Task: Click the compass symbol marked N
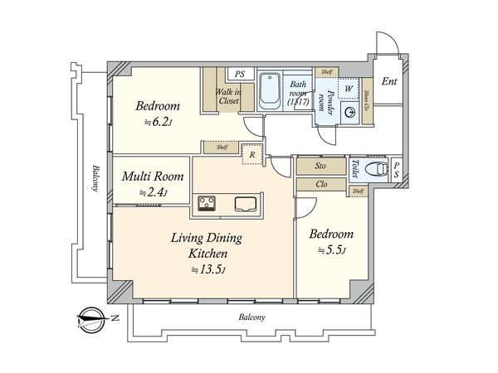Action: [92, 320]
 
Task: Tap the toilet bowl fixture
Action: [377, 169]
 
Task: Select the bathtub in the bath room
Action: [269, 90]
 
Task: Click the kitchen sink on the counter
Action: [246, 204]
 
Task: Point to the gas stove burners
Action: [207, 203]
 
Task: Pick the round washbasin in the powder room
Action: [349, 112]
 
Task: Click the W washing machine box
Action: [349, 88]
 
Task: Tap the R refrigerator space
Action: [252, 154]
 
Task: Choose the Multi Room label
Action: [153, 177]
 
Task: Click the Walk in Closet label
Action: [228, 96]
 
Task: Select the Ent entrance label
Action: [389, 81]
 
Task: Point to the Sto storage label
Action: [320, 166]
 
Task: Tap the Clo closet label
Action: [321, 184]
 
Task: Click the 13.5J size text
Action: [208, 269]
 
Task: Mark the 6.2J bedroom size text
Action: [158, 122]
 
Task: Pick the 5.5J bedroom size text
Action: [331, 250]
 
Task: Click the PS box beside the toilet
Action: [397, 170]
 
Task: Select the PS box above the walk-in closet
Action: [241, 74]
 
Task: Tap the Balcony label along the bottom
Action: [251, 317]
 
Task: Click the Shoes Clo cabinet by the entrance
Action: [367, 101]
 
